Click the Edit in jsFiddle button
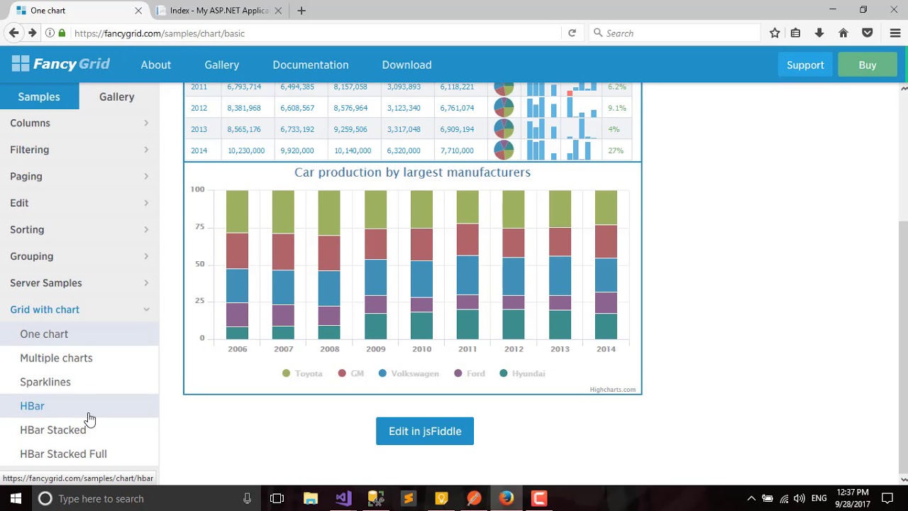point(424,431)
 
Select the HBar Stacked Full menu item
point(63,454)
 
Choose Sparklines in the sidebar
point(45,382)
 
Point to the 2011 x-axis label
point(467,349)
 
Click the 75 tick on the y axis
point(199,227)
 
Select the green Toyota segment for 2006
point(237,211)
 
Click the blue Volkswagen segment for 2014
point(606,275)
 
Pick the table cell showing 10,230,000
point(245,150)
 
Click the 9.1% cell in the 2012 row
point(616,108)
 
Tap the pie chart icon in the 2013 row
point(504,129)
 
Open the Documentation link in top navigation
point(310,65)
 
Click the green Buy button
point(867,65)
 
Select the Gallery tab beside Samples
point(116,97)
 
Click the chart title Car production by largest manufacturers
point(412,172)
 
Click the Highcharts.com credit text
point(612,390)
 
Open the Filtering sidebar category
point(30,150)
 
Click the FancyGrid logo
point(61,65)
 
